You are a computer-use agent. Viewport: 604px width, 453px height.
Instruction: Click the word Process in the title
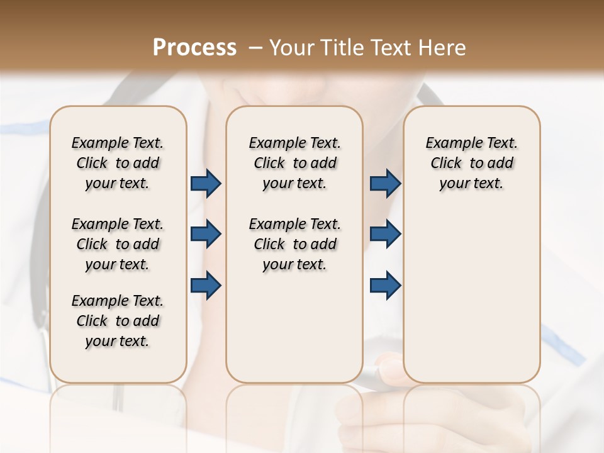194,47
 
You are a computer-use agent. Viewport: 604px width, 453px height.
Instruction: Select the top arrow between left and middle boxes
206,184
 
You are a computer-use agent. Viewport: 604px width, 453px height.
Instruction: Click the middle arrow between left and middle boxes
206,234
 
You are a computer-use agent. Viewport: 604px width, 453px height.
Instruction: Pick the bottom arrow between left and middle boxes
206,286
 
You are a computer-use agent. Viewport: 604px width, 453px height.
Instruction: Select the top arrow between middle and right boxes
385,184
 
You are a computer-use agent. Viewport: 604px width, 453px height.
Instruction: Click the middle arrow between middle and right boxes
385,234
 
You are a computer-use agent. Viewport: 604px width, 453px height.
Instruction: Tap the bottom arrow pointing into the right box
385,286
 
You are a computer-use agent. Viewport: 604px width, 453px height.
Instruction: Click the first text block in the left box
118,163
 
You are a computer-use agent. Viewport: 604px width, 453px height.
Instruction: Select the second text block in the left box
118,244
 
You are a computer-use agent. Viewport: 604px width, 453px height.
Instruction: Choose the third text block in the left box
118,321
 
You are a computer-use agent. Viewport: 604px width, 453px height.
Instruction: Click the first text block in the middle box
294,163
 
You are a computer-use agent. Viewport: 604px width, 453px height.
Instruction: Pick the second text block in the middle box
294,244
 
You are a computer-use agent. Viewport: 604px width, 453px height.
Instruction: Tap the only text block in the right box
471,163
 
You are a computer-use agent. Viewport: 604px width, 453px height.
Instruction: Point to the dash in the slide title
255,48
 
